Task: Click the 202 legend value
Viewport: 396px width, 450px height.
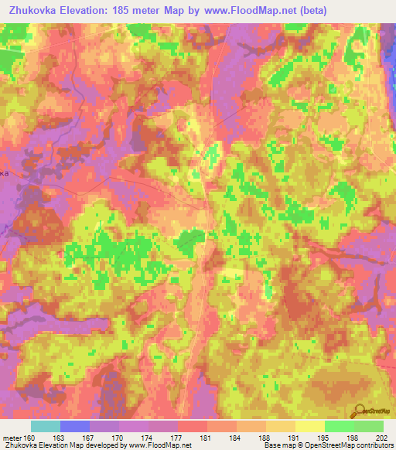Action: click(382, 437)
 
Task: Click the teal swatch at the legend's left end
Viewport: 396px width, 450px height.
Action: click(46, 426)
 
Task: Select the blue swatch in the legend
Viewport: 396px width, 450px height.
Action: click(75, 426)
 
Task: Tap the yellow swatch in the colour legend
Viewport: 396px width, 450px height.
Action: click(309, 426)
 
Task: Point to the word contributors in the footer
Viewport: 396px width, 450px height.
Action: click(374, 445)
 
